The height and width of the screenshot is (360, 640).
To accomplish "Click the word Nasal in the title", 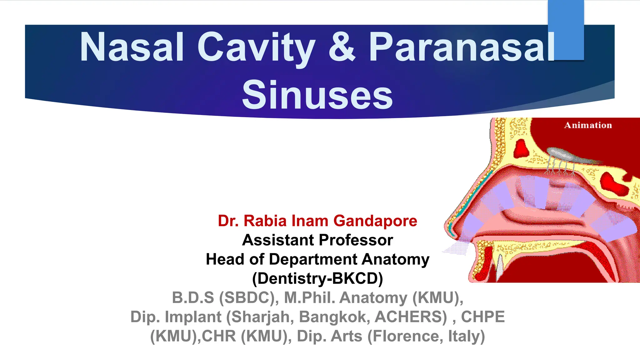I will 132,47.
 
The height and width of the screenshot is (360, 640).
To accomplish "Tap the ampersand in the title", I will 342,47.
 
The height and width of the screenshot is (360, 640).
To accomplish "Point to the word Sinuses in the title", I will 317,95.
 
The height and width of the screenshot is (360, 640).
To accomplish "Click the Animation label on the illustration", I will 588,125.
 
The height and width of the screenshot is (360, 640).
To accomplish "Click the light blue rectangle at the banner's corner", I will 566,30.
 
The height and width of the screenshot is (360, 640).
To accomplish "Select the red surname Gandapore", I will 375,221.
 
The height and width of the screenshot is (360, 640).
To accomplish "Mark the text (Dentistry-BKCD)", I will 317,278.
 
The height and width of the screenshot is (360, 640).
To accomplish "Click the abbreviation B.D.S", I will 193,297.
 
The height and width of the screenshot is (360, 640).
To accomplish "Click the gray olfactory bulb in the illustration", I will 562,155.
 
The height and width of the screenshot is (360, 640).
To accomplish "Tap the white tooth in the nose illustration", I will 499,267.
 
